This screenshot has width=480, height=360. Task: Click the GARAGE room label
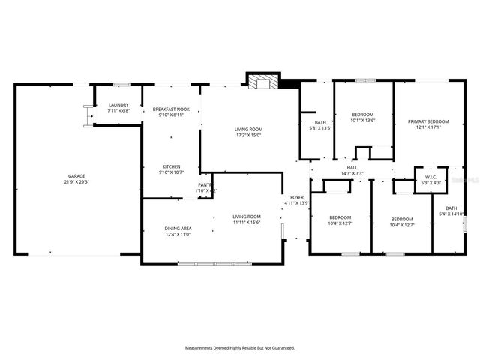77,177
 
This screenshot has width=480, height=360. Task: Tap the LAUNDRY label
118,105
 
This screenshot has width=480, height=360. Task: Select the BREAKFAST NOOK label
171,109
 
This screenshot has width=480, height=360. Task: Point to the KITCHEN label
172,166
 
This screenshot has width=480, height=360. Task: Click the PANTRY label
205,184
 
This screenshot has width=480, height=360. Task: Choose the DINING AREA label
178,228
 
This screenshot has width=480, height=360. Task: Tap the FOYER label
296,197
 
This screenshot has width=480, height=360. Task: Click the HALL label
352,167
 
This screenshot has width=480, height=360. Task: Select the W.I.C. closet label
425,178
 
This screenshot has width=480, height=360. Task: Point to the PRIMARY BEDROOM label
428,121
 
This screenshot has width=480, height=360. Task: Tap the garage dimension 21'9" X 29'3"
77,182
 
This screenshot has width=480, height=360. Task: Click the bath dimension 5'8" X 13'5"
320,128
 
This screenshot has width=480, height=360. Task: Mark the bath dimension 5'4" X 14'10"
451,214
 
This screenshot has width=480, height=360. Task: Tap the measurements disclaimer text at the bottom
240,348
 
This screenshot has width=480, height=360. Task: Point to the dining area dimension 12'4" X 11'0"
178,234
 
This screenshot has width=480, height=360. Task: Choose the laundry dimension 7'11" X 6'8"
118,111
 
